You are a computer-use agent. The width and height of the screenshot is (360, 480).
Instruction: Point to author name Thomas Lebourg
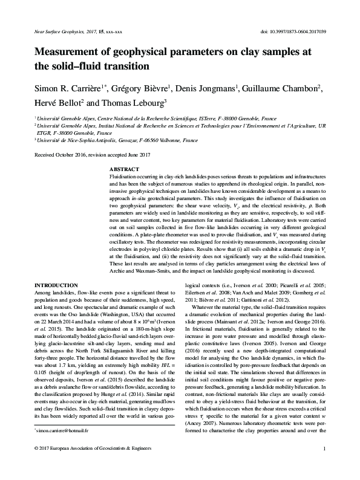pyautogui.click(x=129, y=103)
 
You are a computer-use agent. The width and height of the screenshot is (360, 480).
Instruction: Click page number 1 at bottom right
pyautogui.click(x=325, y=465)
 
